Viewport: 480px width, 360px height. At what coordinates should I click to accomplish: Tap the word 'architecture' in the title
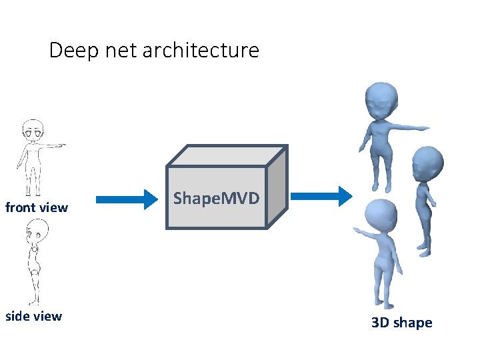coord(201,51)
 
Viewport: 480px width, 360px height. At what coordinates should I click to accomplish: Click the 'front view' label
coord(37,207)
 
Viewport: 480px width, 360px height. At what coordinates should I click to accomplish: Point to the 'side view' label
coord(33,316)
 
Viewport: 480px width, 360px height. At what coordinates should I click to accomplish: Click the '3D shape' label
coord(401,323)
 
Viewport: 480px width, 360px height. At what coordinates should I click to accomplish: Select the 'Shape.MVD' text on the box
coord(216,198)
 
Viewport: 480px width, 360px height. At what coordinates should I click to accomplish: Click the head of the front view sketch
coord(31,129)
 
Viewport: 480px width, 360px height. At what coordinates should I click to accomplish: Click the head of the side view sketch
coord(36,233)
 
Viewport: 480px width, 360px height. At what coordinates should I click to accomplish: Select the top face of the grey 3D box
coord(227,156)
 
